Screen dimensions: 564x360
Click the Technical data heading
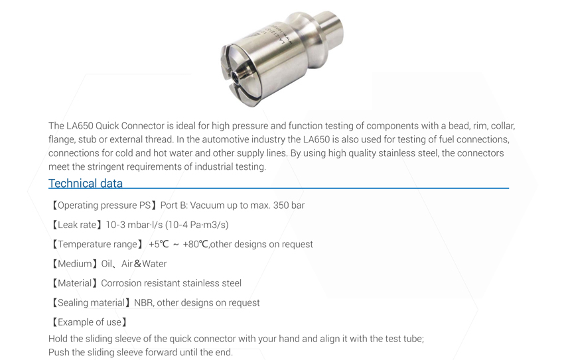tap(86, 183)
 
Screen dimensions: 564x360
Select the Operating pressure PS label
tap(104, 206)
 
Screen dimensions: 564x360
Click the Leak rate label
tap(77, 225)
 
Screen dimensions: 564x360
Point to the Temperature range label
tap(98, 245)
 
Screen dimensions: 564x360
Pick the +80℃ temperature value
tap(195, 245)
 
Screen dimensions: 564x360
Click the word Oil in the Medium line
tap(106, 264)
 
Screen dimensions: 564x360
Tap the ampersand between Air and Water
tap(137, 264)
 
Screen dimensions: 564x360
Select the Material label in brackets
tap(74, 283)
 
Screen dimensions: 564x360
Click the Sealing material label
tap(91, 303)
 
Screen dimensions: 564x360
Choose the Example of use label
tap(90, 322)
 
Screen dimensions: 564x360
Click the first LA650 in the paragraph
tap(80, 126)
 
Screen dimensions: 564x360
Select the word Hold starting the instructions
tap(58, 339)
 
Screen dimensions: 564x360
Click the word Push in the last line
tap(58, 353)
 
